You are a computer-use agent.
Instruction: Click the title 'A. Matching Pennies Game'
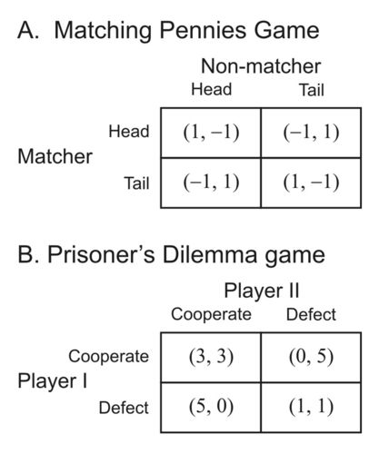click(x=168, y=31)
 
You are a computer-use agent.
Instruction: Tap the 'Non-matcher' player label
click(x=261, y=66)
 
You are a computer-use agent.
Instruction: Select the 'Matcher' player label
click(x=55, y=156)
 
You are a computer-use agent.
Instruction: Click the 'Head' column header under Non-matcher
click(x=212, y=89)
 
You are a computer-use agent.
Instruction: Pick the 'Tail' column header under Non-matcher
click(x=312, y=90)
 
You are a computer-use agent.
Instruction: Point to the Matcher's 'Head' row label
click(x=129, y=132)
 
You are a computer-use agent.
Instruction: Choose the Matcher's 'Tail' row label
click(x=136, y=183)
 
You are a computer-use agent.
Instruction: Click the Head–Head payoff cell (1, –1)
click(x=211, y=133)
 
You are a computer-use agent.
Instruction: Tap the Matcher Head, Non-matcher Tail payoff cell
click(x=311, y=133)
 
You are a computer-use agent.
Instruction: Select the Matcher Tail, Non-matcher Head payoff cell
click(x=211, y=183)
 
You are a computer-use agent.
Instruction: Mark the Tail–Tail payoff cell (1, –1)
click(x=311, y=183)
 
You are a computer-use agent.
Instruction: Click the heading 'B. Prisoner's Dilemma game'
click(x=171, y=255)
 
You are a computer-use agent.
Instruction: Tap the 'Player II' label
click(x=262, y=291)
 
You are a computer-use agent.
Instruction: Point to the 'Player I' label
click(x=53, y=380)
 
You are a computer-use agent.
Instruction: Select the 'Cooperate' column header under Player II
click(x=211, y=314)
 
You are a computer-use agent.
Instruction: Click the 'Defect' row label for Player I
click(x=124, y=408)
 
